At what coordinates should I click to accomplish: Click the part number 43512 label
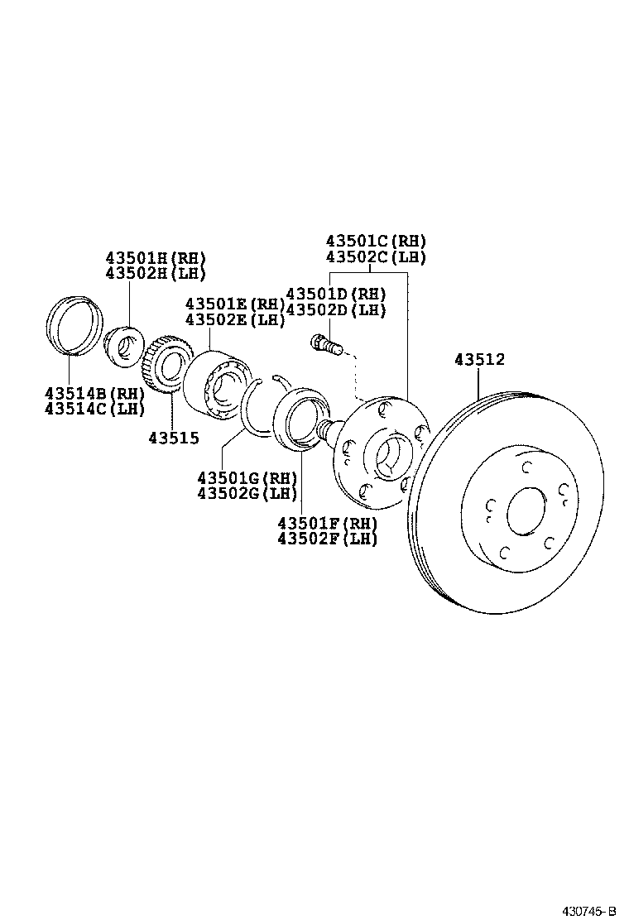pos(479,360)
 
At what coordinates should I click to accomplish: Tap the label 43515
pos(174,438)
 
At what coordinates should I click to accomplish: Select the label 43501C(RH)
pos(376,241)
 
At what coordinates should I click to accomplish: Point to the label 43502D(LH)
pos(336,310)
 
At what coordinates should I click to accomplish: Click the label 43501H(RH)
pos(156,258)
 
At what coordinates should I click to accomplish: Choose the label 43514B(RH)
pos(94,393)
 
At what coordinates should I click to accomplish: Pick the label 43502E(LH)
pos(234,319)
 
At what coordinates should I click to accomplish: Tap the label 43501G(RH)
pos(247,477)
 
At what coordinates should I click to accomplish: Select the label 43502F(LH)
pos(328,539)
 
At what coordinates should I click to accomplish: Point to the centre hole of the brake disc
pos(526,511)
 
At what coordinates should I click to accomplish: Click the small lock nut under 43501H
pos(125,347)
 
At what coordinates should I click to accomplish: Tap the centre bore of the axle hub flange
pos(390,456)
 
